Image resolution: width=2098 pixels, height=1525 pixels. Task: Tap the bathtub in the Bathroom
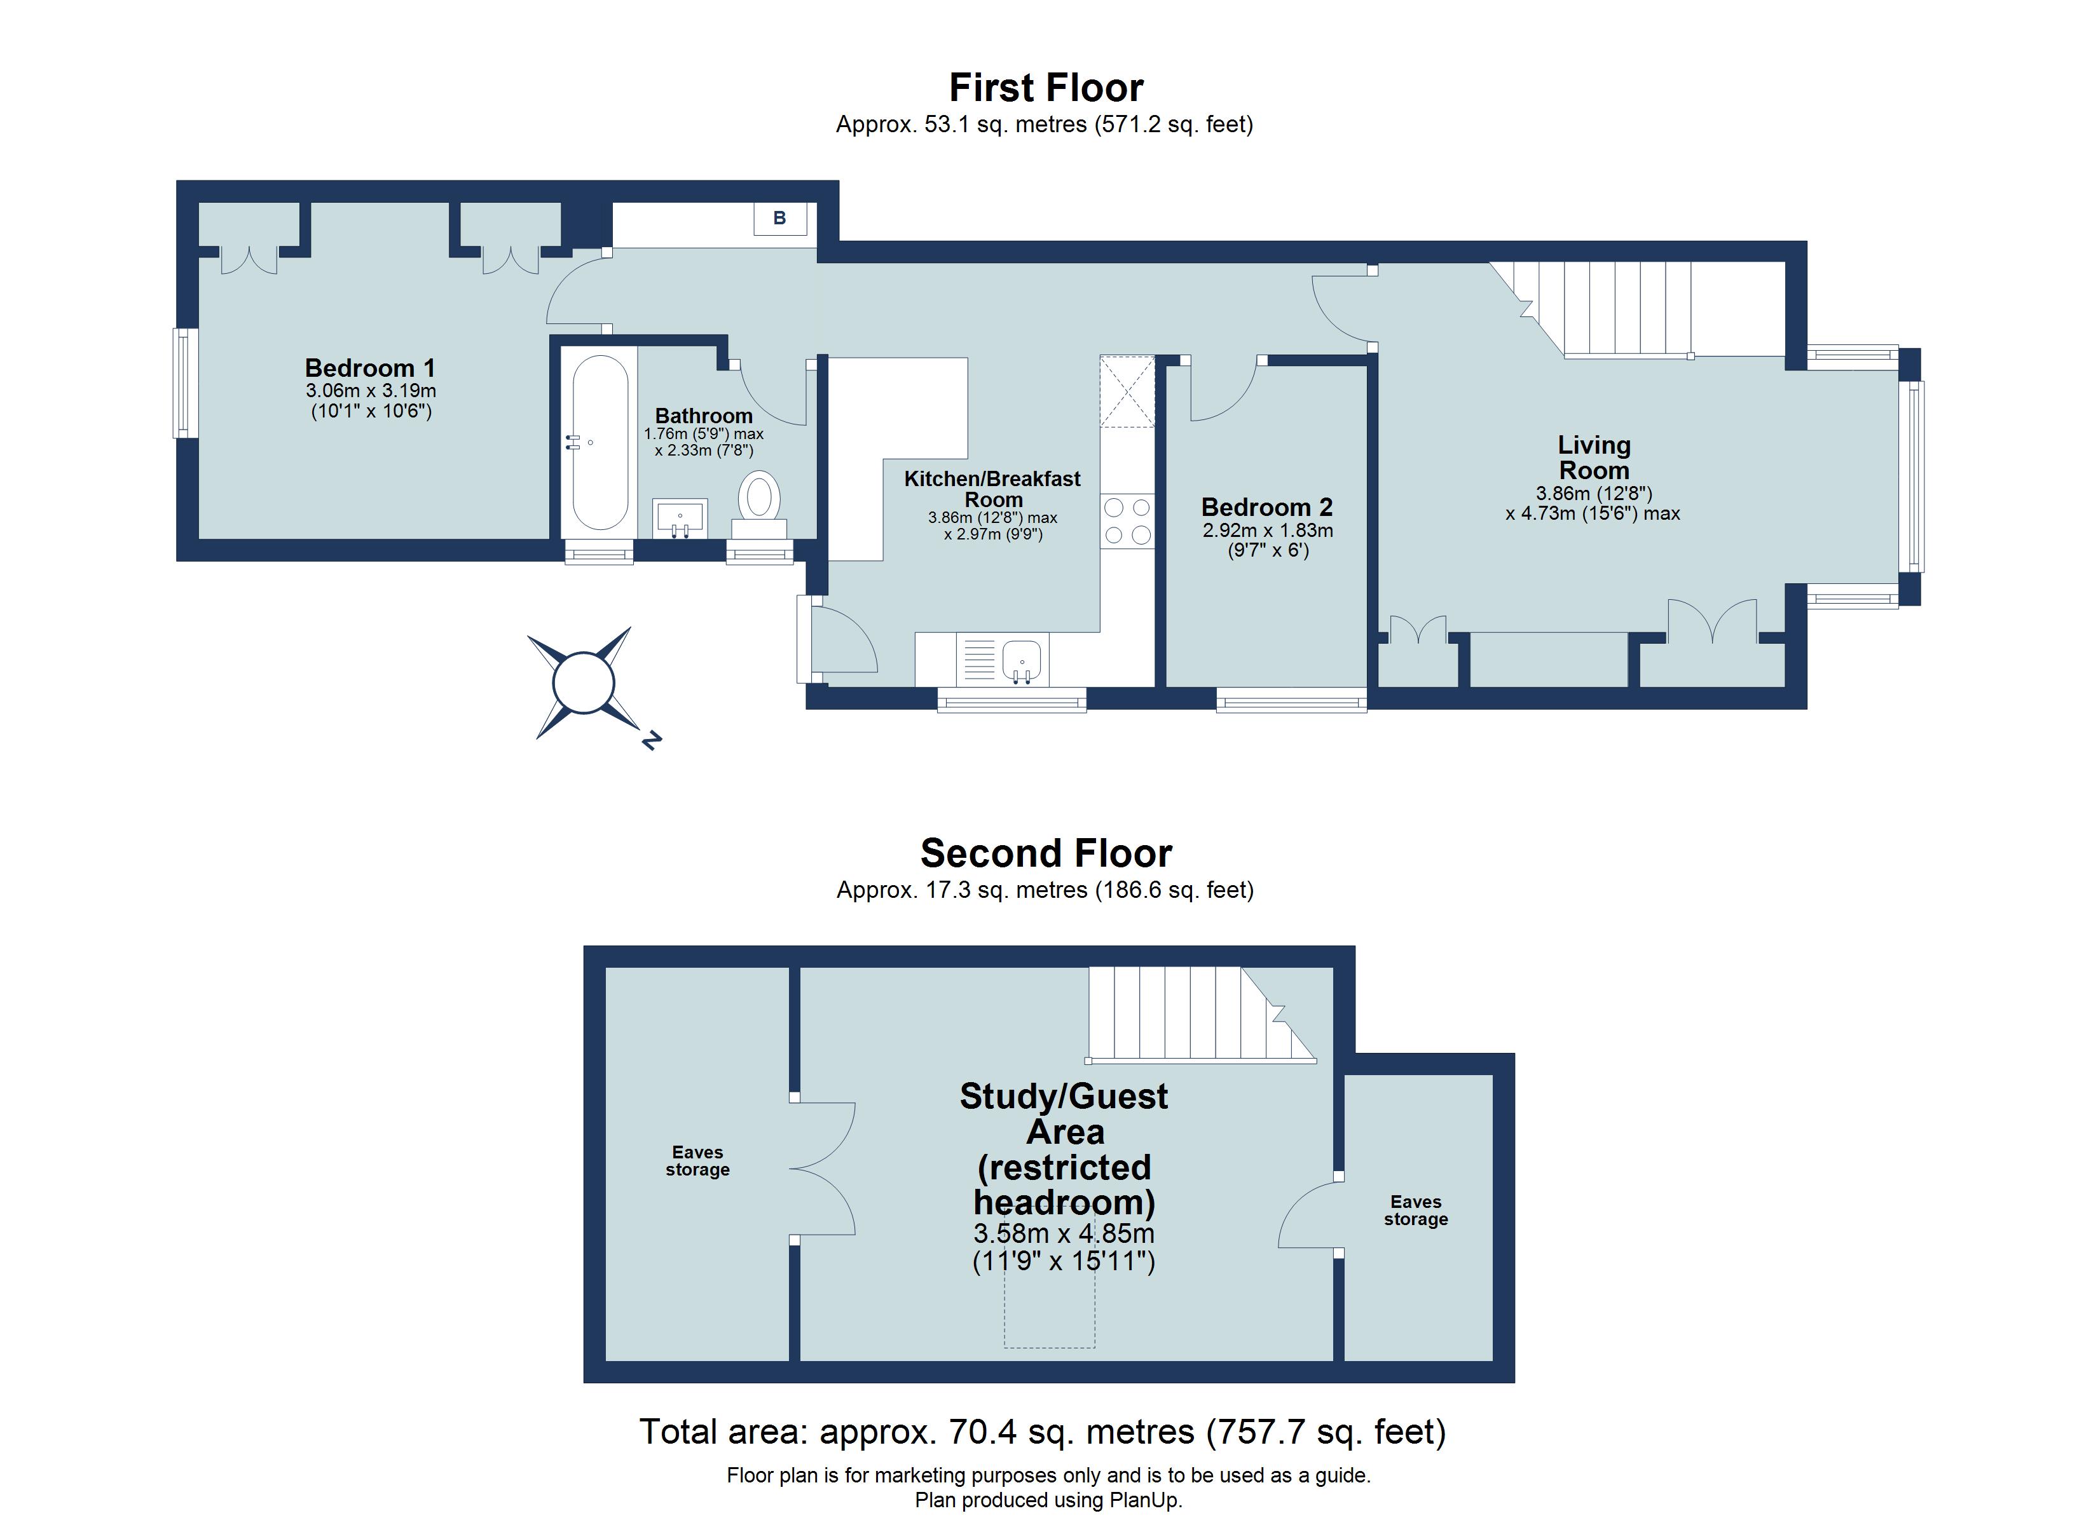(x=600, y=443)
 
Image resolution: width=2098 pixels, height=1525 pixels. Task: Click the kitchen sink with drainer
(x=1004, y=660)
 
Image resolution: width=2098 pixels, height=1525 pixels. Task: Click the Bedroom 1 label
(x=370, y=368)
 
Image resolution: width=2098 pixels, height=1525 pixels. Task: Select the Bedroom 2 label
(x=1266, y=507)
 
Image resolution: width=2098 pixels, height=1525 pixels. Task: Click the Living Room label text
(x=1593, y=457)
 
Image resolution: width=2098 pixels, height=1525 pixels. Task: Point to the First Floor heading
(x=1046, y=88)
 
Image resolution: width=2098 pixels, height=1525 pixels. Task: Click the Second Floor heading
(x=1046, y=853)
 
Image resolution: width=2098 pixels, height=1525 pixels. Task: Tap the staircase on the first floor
(x=1628, y=310)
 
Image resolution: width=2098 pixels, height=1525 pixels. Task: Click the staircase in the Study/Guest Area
(x=1193, y=1013)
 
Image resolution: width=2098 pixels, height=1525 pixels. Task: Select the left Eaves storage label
(x=697, y=1161)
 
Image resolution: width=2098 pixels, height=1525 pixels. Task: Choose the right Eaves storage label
(x=1415, y=1210)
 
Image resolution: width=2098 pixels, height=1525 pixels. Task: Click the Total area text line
(x=1043, y=1432)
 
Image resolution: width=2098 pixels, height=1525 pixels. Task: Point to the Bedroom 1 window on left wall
(x=185, y=383)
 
